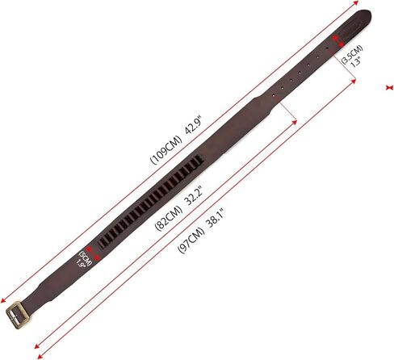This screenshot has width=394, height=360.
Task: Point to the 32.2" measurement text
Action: pyautogui.click(x=195, y=195)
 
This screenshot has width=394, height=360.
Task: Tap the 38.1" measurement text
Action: pyautogui.click(x=216, y=218)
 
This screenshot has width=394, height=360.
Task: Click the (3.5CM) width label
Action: pyautogui.click(x=351, y=54)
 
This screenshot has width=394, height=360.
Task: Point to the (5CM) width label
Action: pyautogui.click(x=86, y=258)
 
